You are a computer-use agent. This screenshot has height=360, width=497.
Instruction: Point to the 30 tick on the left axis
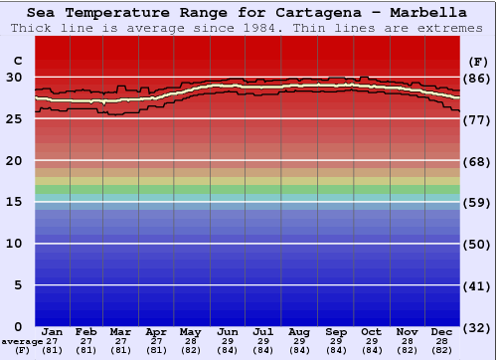point(14,77)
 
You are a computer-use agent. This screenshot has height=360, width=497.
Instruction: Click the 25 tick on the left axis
point(14,118)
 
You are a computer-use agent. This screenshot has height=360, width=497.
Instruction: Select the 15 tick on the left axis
point(14,202)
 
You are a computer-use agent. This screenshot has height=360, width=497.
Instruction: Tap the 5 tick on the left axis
point(18,285)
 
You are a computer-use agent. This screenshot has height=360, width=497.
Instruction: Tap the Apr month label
point(156,331)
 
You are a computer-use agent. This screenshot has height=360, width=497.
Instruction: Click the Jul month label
point(262,331)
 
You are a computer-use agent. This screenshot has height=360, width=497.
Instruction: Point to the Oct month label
point(370,331)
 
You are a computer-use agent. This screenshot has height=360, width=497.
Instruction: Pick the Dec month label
point(441,331)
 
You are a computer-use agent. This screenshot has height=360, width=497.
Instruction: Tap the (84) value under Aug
point(298,350)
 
